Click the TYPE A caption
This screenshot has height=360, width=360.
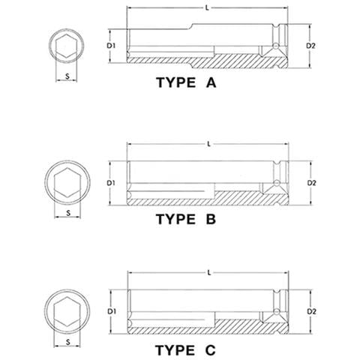point(185,85)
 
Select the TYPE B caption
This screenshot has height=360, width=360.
point(185,219)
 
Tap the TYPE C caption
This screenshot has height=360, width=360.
point(185,349)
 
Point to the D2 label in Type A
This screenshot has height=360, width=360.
point(312,46)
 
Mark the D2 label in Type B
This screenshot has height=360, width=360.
point(312,182)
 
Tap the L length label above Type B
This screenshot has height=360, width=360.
point(207,143)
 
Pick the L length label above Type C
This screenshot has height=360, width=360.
point(207,272)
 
